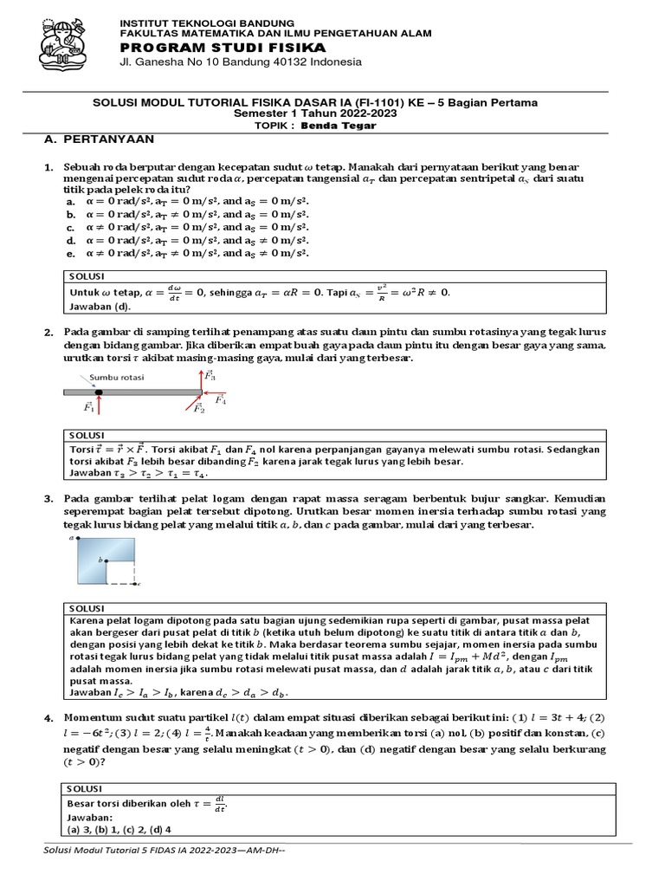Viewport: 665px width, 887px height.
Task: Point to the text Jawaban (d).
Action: (100, 305)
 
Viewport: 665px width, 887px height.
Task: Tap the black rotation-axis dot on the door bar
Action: (99, 393)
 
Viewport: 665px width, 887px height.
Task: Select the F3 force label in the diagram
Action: (210, 376)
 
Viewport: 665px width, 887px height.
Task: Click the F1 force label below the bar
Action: (90, 407)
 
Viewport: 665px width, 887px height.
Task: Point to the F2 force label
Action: (198, 409)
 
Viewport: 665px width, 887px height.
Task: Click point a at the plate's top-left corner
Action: (71, 538)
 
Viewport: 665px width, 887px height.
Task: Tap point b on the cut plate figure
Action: (102, 560)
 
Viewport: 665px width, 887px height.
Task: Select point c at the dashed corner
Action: (139, 584)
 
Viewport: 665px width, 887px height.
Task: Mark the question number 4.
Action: (48, 718)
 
